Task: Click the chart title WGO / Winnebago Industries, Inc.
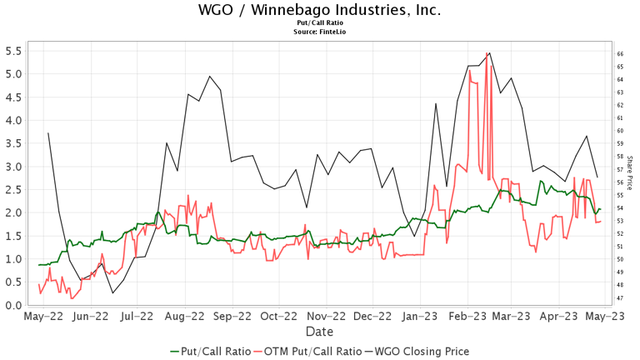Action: (320, 10)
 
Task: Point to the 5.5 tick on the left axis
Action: (12, 50)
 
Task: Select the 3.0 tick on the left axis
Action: (12, 166)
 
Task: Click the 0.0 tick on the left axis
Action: (12, 305)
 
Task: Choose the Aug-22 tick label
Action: (185, 317)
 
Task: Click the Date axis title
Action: (320, 331)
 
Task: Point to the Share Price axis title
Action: (630, 176)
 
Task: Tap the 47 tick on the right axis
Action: (621, 297)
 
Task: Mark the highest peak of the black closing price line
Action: (488, 52)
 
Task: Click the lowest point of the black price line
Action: (112, 293)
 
